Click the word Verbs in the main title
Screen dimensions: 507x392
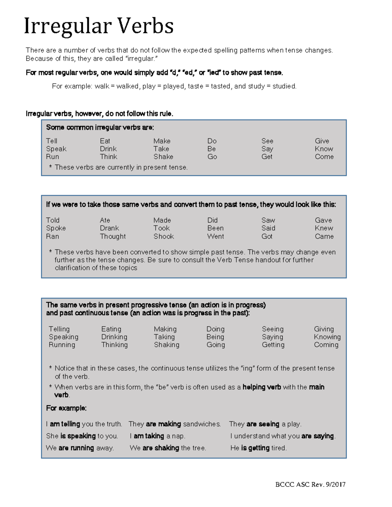coord(145,26)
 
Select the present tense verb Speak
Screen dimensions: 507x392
coord(56,149)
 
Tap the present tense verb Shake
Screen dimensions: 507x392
coord(163,157)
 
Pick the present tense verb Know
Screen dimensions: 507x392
coord(324,149)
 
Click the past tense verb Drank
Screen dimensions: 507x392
coord(109,228)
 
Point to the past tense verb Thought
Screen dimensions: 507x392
coord(113,236)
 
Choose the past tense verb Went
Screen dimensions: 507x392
coord(216,236)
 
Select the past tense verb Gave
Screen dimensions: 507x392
coord(323,220)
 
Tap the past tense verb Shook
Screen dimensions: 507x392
coord(164,236)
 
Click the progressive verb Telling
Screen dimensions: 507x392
coord(59,329)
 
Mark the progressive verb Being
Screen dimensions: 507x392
coord(215,337)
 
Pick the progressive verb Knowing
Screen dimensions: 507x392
coord(327,337)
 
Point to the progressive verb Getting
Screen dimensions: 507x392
coord(273,345)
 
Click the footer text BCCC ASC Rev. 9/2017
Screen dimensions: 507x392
coord(310,484)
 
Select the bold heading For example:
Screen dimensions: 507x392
coord(66,408)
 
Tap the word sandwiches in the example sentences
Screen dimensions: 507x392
coord(202,424)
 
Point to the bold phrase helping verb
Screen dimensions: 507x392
coord(262,387)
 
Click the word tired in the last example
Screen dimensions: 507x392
coord(279,448)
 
